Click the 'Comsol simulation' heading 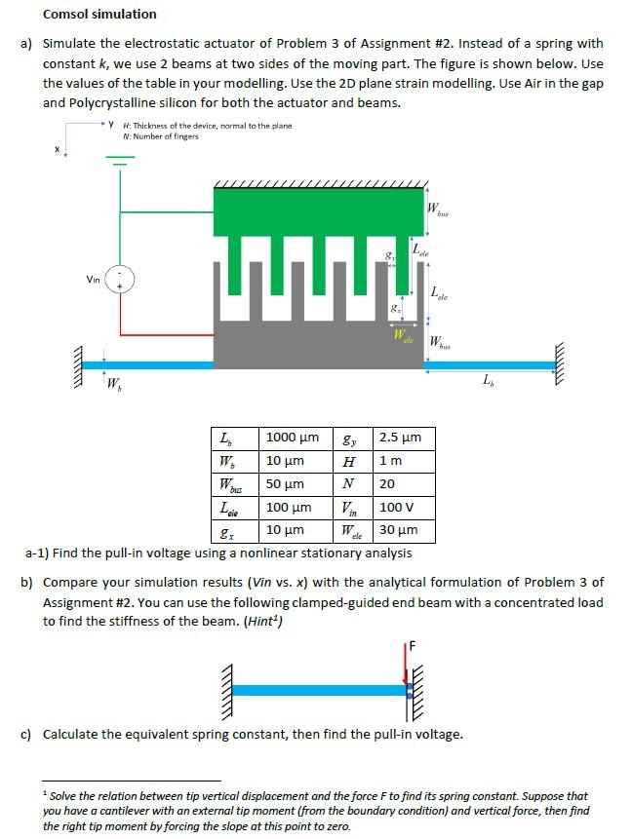click(x=99, y=14)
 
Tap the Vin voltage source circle click(x=120, y=279)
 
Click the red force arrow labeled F click(x=407, y=665)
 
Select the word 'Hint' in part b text click(x=263, y=623)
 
